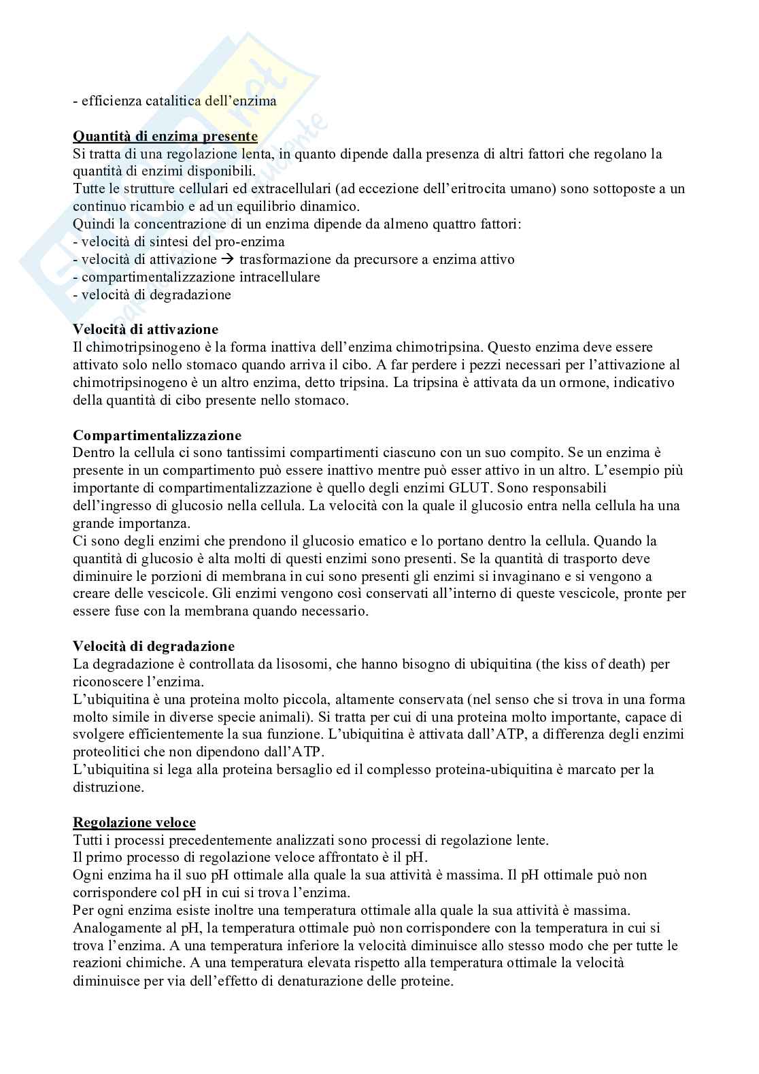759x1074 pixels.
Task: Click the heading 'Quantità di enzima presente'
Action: [165, 137]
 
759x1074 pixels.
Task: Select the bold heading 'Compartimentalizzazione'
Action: [157, 435]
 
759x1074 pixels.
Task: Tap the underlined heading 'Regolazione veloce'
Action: [134, 823]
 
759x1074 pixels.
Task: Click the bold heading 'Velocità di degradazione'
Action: [154, 646]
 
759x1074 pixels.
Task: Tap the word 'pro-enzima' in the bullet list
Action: [252, 242]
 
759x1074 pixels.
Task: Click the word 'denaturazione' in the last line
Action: [322, 981]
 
